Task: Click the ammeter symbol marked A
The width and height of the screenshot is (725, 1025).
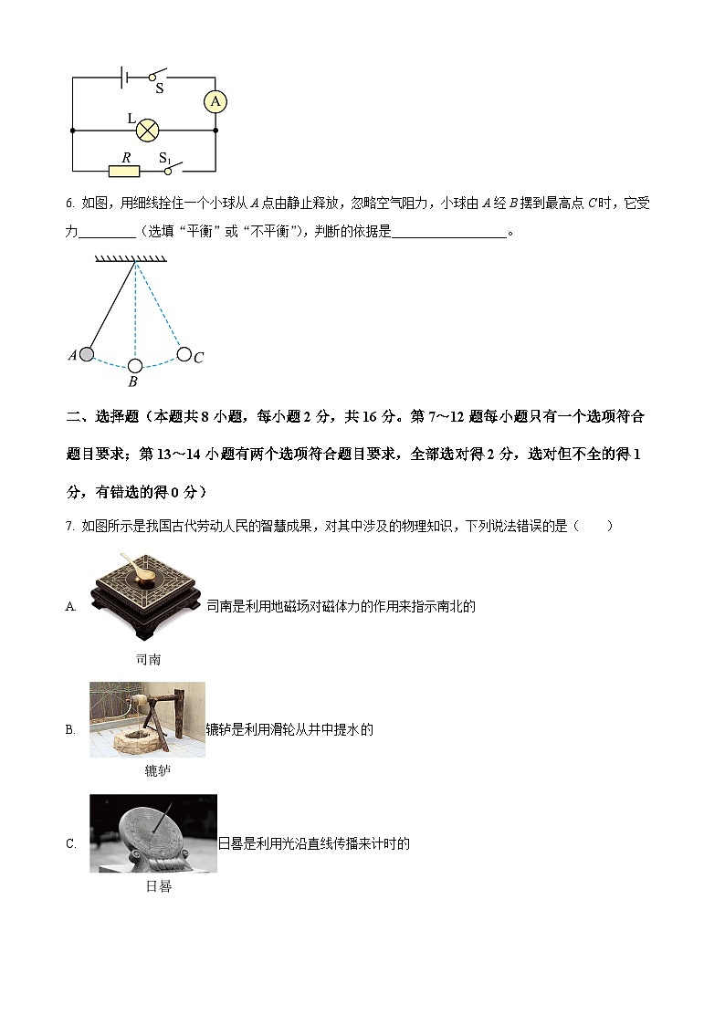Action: (215, 102)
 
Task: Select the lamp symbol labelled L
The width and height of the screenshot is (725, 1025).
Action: (149, 131)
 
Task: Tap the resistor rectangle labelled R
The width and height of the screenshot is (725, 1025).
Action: (124, 171)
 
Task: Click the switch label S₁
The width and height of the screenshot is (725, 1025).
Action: (165, 159)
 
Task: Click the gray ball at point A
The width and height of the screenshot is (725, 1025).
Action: (88, 354)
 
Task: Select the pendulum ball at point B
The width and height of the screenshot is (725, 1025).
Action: (135, 366)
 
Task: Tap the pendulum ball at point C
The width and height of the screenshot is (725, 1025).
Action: (184, 354)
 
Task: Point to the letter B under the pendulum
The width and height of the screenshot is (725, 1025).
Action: (133, 383)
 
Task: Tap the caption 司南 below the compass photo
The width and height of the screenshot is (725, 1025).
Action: (148, 659)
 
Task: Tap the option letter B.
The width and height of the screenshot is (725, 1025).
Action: (70, 729)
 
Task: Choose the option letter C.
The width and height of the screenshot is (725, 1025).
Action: (70, 844)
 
